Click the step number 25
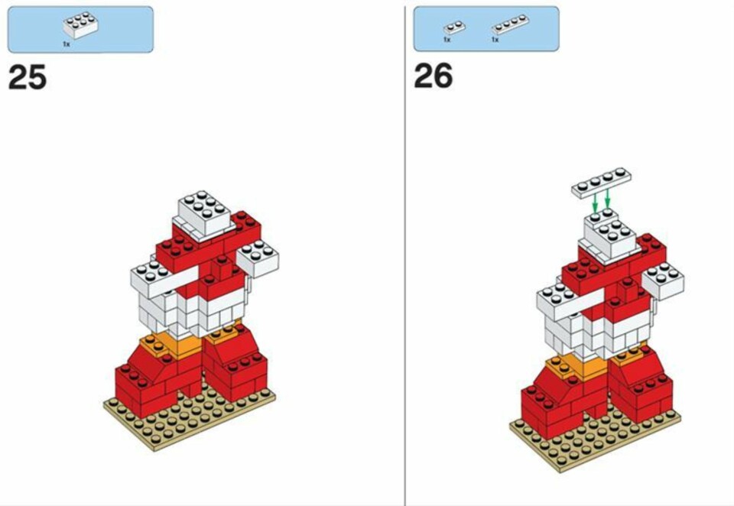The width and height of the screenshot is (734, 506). tap(28, 77)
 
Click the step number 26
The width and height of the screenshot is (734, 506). tap(434, 76)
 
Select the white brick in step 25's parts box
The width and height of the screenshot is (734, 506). tap(80, 26)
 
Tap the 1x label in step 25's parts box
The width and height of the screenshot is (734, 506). tap(67, 44)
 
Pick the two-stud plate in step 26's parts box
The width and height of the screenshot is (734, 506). tap(454, 28)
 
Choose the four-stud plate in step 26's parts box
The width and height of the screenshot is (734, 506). tap(510, 24)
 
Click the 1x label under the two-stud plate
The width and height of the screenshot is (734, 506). tap(447, 40)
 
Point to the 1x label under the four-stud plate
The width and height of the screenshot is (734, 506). tap(495, 40)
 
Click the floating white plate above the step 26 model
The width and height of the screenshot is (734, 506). tap(601, 183)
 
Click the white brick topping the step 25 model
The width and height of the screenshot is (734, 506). tap(205, 213)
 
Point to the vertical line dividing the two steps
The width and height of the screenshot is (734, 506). tap(405, 253)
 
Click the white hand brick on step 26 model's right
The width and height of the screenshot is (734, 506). tap(663, 281)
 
